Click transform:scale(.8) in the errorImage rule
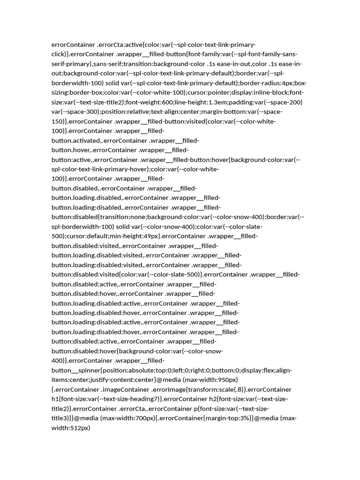click(x=216, y=390)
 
